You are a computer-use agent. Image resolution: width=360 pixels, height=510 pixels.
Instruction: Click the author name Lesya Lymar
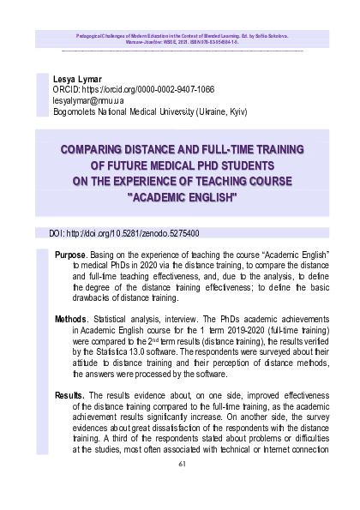[65, 77]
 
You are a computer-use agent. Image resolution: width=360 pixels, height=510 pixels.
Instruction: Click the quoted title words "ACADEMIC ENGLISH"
[180, 196]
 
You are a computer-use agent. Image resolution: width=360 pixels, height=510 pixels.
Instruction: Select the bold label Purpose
[70, 255]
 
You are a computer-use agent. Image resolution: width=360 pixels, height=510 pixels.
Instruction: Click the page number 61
[181, 464]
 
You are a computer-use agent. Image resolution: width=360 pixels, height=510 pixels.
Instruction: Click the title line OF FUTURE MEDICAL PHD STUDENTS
[180, 165]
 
